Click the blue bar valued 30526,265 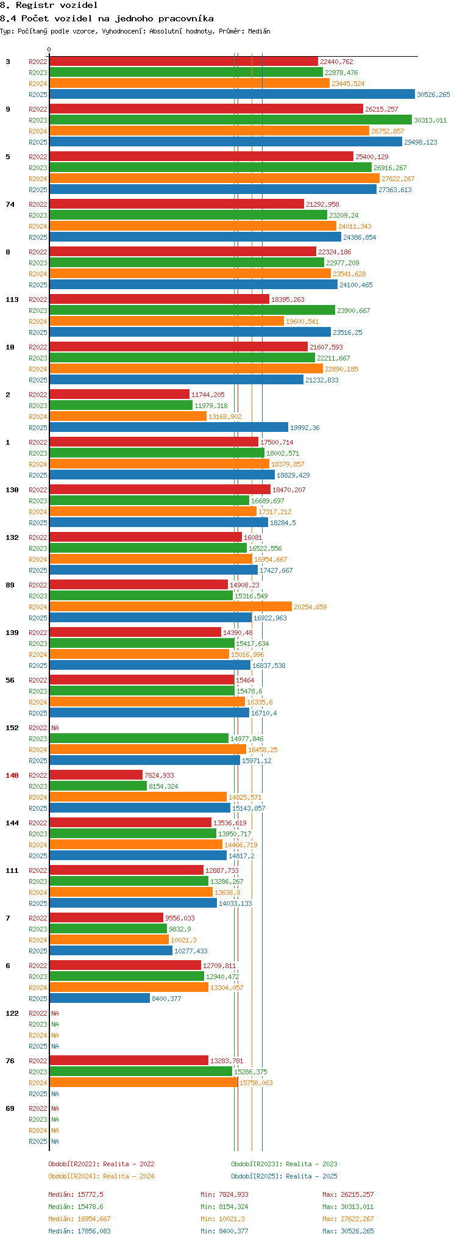point(232,95)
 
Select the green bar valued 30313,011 point(230,120)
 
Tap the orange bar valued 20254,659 point(171,607)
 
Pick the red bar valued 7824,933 point(96,775)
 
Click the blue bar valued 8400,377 point(99,999)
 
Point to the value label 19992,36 point(305,428)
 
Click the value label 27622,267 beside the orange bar point(398,179)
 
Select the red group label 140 point(12,775)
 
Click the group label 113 point(12,300)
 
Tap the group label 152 point(12,728)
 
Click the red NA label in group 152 point(55,728)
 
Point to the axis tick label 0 point(49,50)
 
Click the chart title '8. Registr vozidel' point(49,5)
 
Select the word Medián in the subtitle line point(259,31)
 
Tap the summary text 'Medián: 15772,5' point(76,1194)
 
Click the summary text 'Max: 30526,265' point(348,1231)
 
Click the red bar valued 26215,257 point(206,109)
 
